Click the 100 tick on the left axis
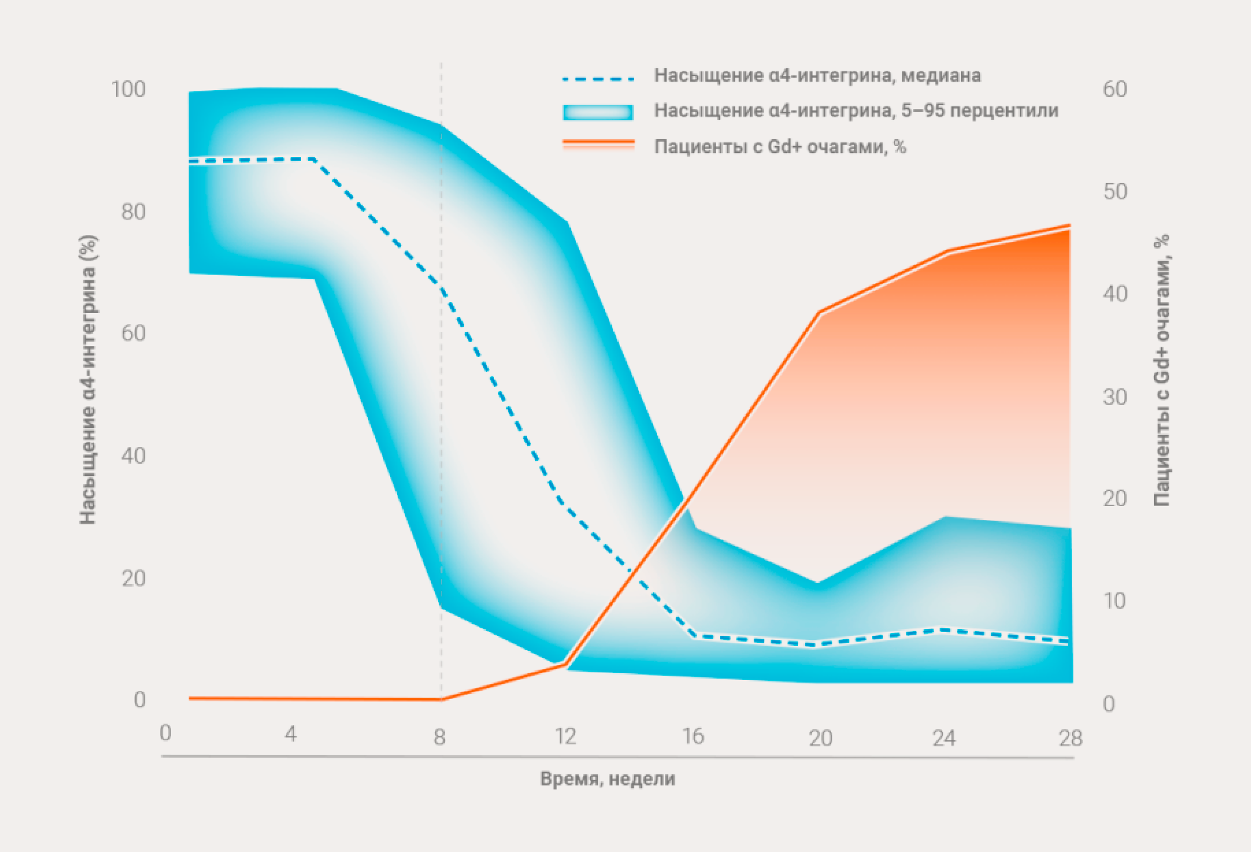point(128,89)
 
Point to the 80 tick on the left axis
point(133,212)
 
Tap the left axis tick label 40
point(133,456)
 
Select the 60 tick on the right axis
point(1115,89)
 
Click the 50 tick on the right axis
point(1115,192)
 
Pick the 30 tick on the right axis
point(1115,397)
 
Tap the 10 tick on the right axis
point(1115,601)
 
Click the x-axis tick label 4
point(291,734)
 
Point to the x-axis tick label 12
point(566,736)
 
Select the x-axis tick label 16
point(693,736)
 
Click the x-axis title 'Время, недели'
point(608,779)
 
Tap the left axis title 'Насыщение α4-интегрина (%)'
point(88,380)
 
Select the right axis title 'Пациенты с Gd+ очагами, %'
point(1162,370)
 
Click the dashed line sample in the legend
point(598,79)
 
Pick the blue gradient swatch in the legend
point(598,112)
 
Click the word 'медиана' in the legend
point(941,75)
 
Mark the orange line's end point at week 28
point(1070,225)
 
